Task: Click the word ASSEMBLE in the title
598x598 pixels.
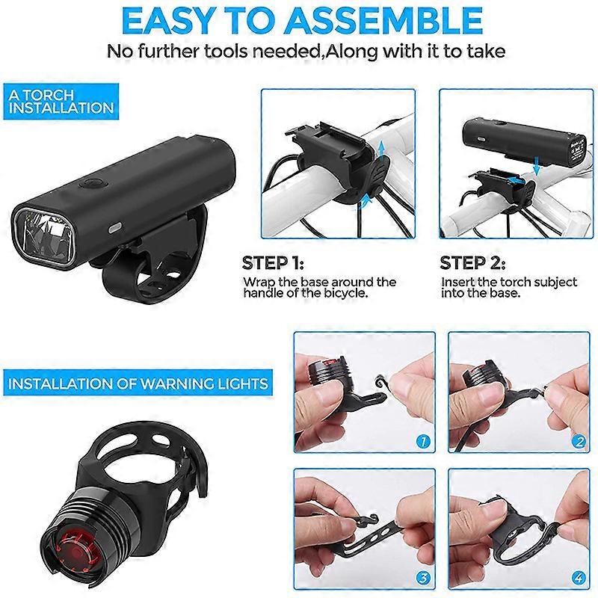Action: pyautogui.click(x=384, y=21)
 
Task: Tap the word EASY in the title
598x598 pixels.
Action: pyautogui.click(x=167, y=21)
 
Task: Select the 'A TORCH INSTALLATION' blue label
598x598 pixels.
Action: pyautogui.click(x=61, y=102)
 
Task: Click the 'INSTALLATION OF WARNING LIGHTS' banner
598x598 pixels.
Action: pyautogui.click(x=138, y=383)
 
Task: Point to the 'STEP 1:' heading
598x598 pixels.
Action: pyautogui.click(x=273, y=263)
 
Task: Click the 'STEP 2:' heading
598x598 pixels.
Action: pyautogui.click(x=472, y=263)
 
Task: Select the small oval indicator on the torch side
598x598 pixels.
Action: pyautogui.click(x=114, y=229)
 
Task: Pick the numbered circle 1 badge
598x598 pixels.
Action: pyautogui.click(x=423, y=441)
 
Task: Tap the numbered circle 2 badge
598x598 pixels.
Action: pyautogui.click(x=579, y=441)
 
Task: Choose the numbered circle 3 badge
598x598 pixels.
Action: pyautogui.click(x=423, y=578)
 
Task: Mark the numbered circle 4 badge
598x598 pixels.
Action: pyautogui.click(x=579, y=578)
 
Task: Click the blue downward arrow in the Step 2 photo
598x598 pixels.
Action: pyautogui.click(x=537, y=166)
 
